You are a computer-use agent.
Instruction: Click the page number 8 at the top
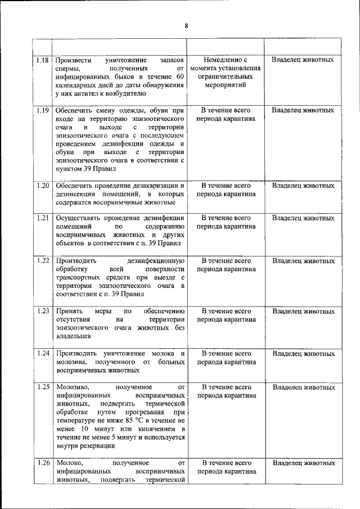[x=186, y=25]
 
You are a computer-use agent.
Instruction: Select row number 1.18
[x=42, y=60]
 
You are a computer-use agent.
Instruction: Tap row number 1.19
[x=42, y=110]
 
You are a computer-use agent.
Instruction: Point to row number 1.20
[x=42, y=186]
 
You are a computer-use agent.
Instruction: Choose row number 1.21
[x=42, y=218]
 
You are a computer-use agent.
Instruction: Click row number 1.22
[x=42, y=260]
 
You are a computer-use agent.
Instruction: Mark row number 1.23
[x=42, y=311]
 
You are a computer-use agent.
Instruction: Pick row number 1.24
[x=42, y=354]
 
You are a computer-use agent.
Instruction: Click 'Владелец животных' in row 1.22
[x=304, y=260]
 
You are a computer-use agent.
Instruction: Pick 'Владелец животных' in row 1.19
[x=304, y=110]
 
